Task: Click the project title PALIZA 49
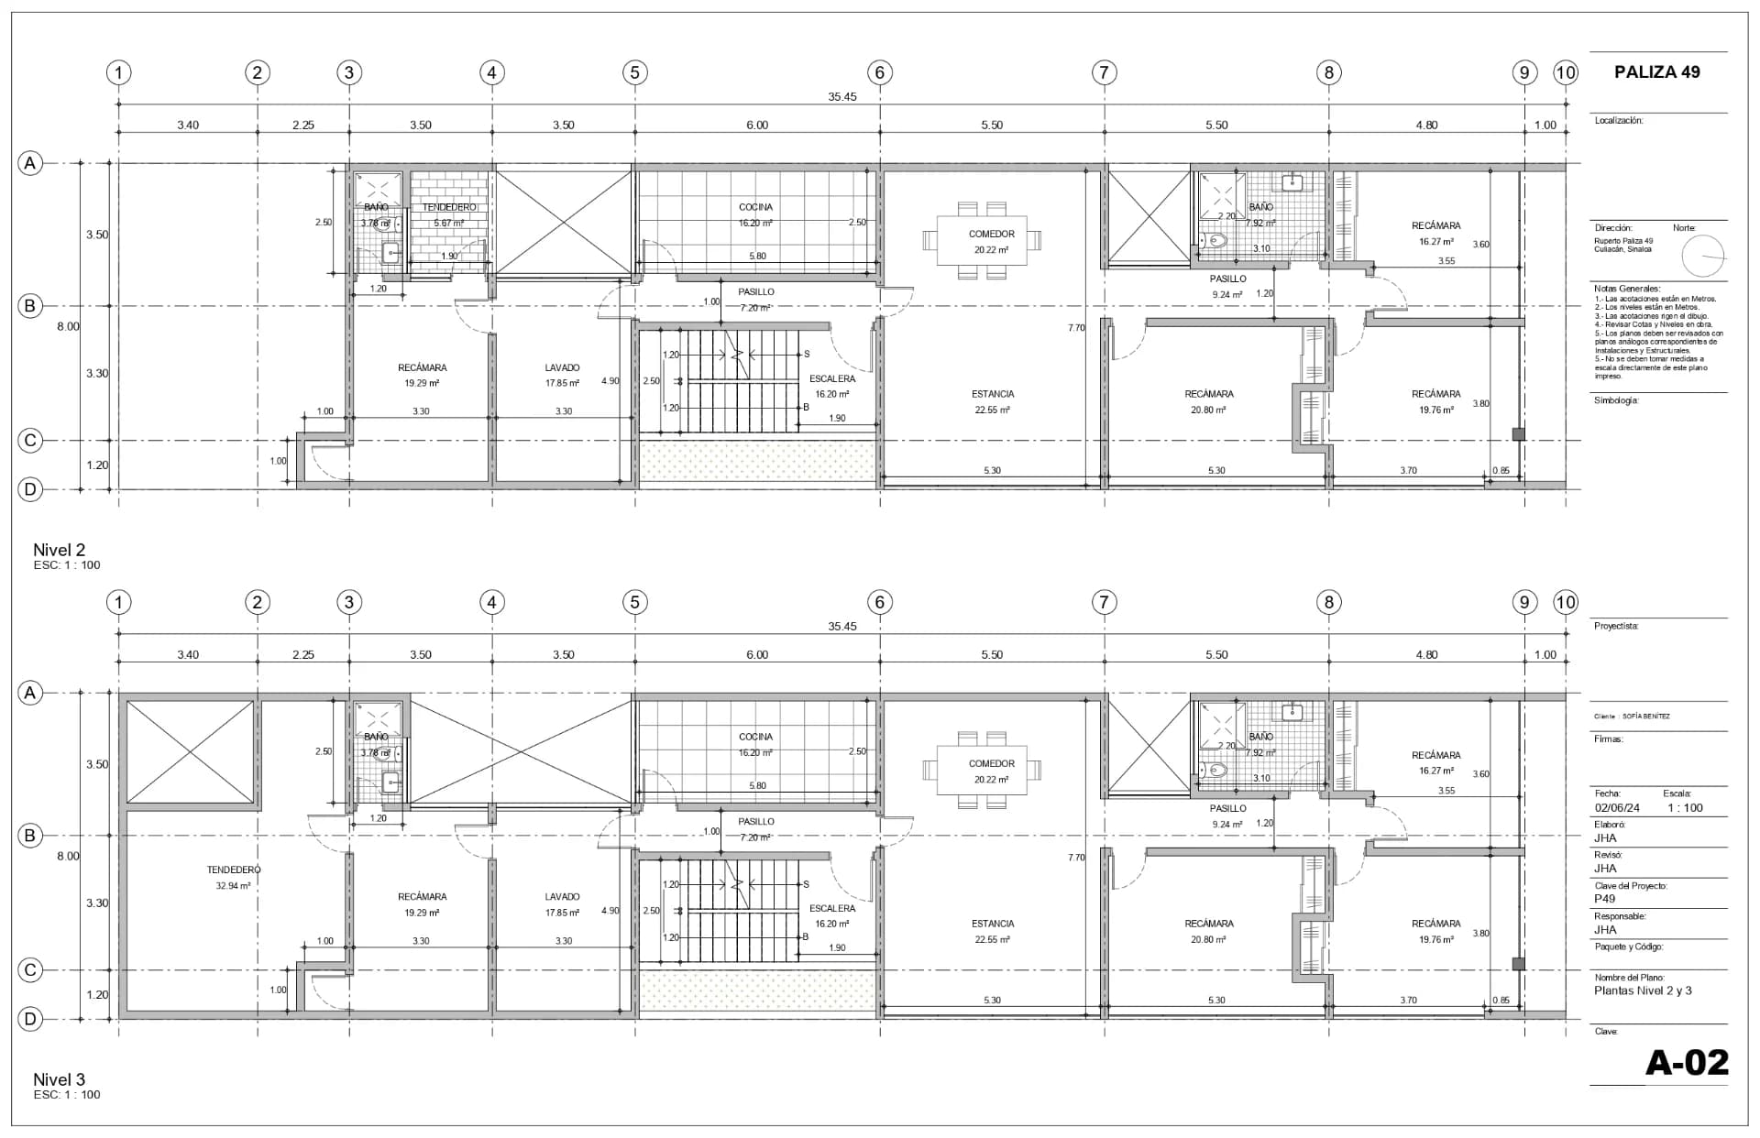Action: [1656, 72]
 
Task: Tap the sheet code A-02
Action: [1687, 1062]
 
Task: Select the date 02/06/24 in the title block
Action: [1617, 808]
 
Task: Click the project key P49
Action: [1604, 899]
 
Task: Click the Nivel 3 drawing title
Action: [59, 1079]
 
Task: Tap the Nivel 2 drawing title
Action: [59, 550]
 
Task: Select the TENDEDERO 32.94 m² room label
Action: [234, 877]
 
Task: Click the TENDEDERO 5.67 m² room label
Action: [449, 214]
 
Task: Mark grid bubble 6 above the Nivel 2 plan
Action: [879, 72]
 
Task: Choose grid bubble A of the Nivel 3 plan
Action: [30, 693]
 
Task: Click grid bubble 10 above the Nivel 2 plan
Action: [1565, 72]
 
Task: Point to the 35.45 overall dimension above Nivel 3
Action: [841, 627]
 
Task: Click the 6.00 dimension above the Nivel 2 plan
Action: [757, 126]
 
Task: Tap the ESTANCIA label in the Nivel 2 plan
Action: [993, 394]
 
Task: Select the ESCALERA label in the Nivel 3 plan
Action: [832, 909]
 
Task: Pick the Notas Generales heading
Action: [1627, 289]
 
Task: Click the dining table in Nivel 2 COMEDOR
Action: [982, 240]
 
